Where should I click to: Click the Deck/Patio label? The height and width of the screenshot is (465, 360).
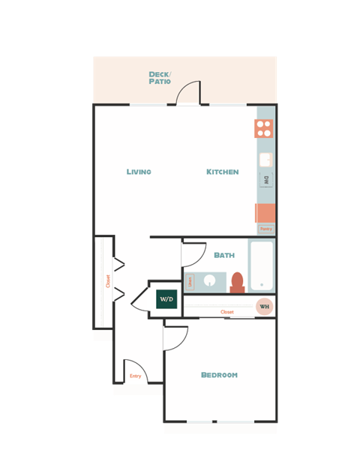[x=159, y=77]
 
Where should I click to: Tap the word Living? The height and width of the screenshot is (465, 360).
[x=139, y=172]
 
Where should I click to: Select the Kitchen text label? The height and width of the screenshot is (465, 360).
[x=223, y=172]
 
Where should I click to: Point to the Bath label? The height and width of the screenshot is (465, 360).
[x=224, y=255]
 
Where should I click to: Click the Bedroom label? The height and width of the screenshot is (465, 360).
[x=219, y=375]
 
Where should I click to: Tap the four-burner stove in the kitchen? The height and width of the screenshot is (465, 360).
[x=264, y=128]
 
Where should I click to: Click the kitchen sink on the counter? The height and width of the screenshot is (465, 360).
[x=265, y=159]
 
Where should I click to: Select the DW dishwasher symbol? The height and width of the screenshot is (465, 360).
[x=265, y=179]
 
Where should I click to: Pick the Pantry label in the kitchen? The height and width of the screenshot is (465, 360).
[x=265, y=228]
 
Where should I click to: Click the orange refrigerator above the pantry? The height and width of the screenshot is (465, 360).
[x=265, y=212]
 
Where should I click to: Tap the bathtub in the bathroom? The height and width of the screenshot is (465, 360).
[x=262, y=266]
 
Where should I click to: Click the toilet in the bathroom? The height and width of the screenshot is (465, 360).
[x=238, y=282]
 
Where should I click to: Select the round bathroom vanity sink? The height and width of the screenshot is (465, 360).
[x=209, y=282]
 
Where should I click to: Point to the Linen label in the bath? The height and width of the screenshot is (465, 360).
[x=190, y=282]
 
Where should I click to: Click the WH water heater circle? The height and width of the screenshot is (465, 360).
[x=264, y=306]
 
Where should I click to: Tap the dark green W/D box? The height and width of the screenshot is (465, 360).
[x=166, y=299]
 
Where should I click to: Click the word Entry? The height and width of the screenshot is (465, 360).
[x=135, y=376]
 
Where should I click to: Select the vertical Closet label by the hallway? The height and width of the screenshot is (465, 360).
[x=108, y=281]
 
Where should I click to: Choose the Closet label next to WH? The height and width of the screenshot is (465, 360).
[x=226, y=312]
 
